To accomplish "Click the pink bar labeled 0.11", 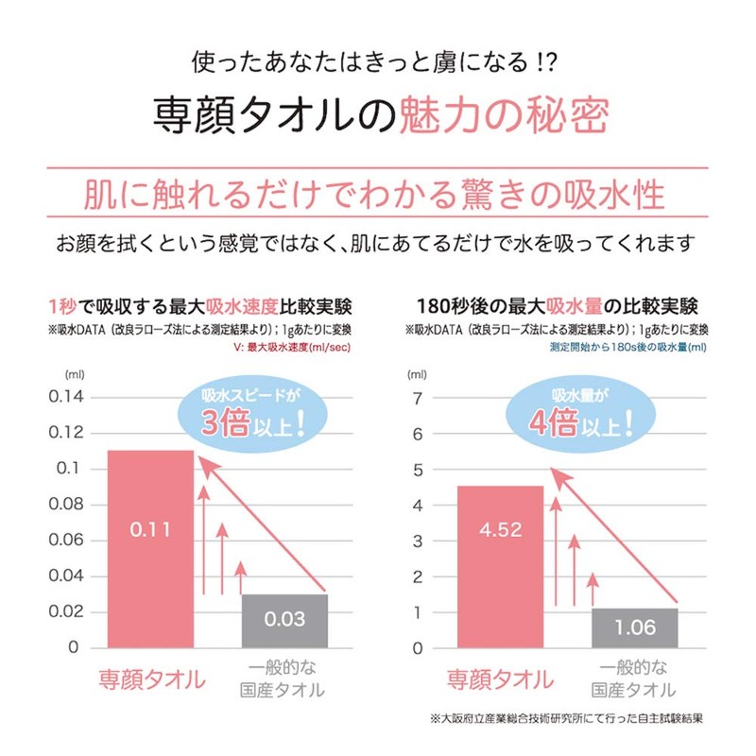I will point(150,549).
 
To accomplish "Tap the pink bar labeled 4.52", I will point(500,567).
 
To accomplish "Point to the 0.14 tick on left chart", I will point(65,397).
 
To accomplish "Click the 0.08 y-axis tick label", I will point(65,505).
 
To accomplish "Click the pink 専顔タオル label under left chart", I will point(151,679).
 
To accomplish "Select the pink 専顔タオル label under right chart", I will point(500,679).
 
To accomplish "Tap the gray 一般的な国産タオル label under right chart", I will point(633,679).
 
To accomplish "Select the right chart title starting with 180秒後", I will point(558,307).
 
